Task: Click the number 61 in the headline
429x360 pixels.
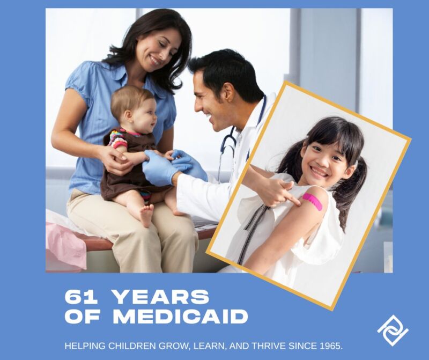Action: pyautogui.click(x=81, y=297)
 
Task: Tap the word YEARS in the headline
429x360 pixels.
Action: pyautogui.click(x=161, y=297)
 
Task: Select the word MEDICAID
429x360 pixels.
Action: pyautogui.click(x=181, y=317)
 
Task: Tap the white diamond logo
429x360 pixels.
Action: pyautogui.click(x=393, y=330)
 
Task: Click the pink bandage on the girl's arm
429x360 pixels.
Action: pyautogui.click(x=313, y=202)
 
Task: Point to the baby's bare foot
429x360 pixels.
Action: pyautogui.click(x=146, y=215)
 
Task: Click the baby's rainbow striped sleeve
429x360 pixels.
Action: pyautogui.click(x=118, y=139)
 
